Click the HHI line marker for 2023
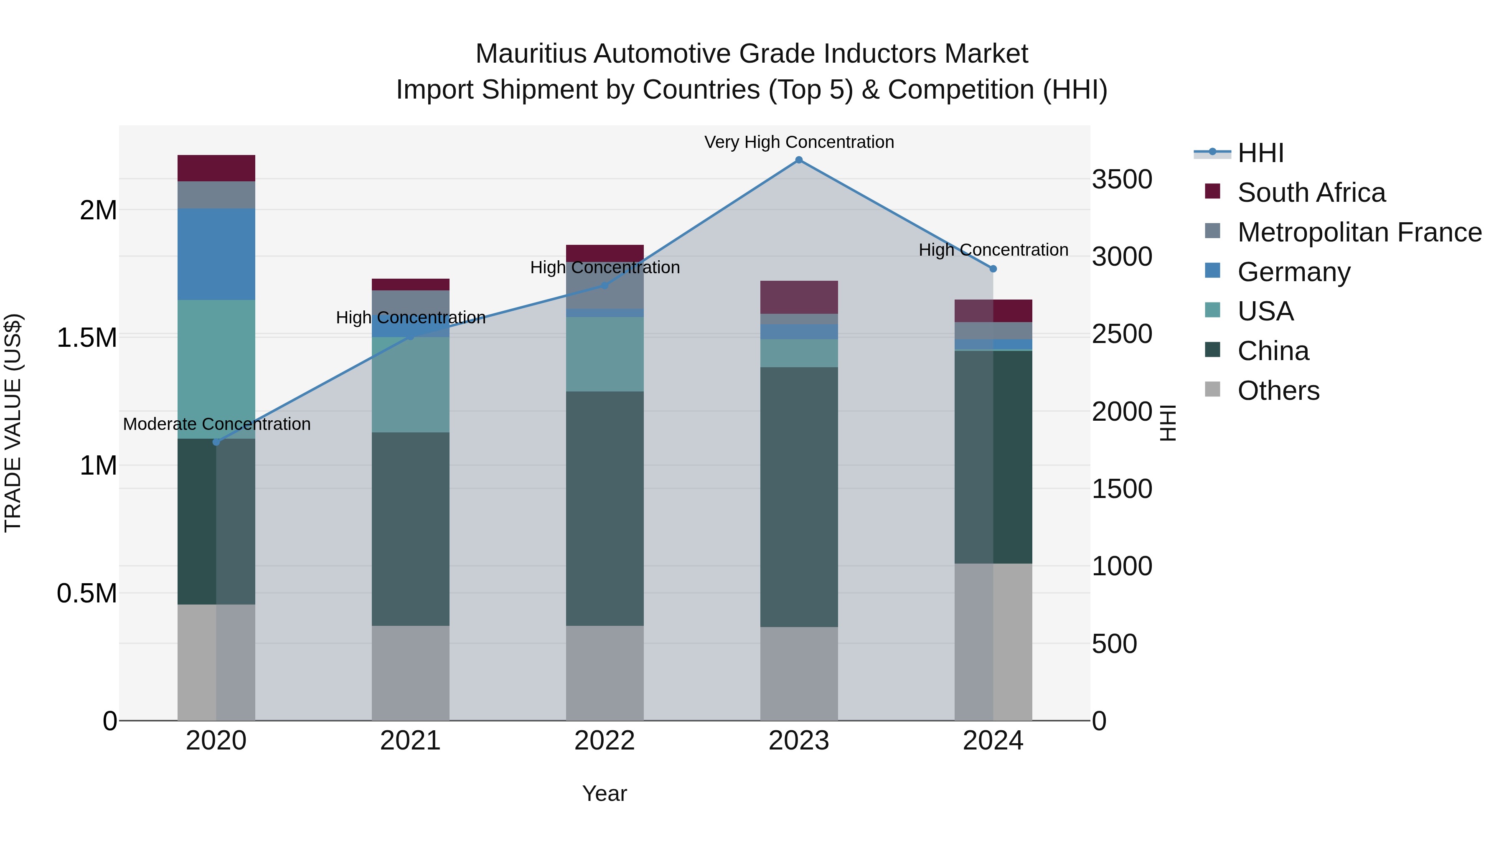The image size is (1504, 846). [x=799, y=160]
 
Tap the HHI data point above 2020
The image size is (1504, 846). [x=216, y=442]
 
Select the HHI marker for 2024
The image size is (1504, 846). [x=993, y=269]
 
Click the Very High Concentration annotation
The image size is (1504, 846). [x=799, y=142]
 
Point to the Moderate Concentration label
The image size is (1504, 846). [x=216, y=424]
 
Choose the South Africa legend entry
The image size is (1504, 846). [x=1311, y=193]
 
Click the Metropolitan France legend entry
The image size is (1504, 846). [x=1359, y=232]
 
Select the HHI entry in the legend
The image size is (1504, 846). [x=1260, y=153]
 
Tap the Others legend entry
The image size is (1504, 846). [x=1278, y=391]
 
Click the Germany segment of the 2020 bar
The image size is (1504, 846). [x=216, y=254]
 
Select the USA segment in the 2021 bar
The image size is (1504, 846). [x=410, y=384]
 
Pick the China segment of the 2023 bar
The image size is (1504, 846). [x=799, y=496]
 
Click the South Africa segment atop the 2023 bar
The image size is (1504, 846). [x=799, y=297]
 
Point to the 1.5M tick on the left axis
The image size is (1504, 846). [x=87, y=338]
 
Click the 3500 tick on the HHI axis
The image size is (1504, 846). [x=1122, y=179]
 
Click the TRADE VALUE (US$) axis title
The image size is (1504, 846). [x=13, y=423]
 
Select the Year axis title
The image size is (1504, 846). [x=604, y=793]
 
